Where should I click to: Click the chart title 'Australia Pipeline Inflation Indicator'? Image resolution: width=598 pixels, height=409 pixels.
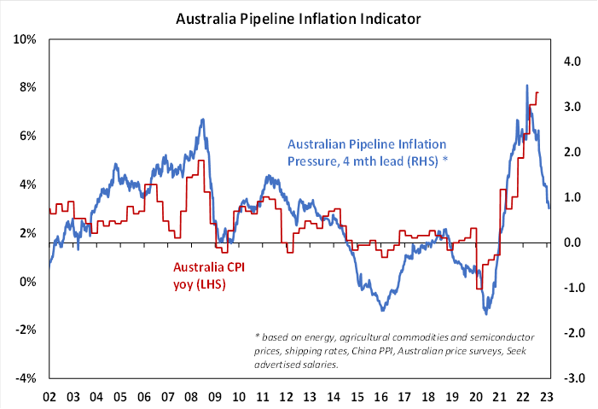pyautogui.click(x=299, y=17)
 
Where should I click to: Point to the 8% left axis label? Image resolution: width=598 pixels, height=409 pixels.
pyautogui.click(x=26, y=87)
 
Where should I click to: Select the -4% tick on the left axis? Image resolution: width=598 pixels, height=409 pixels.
pyautogui.click(x=24, y=379)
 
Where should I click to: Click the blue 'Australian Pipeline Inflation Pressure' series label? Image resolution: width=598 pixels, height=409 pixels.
pyautogui.click(x=367, y=152)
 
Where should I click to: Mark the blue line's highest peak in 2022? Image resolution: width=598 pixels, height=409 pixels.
pyautogui.click(x=527, y=86)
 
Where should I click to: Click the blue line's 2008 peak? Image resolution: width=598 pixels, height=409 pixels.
pyautogui.click(x=202, y=120)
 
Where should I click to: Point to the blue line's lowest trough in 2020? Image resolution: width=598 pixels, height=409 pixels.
pyautogui.click(x=485, y=313)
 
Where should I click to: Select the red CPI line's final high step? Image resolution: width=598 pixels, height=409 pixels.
pyautogui.click(x=537, y=92)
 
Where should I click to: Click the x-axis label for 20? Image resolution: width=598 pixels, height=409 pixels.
pyautogui.click(x=476, y=397)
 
